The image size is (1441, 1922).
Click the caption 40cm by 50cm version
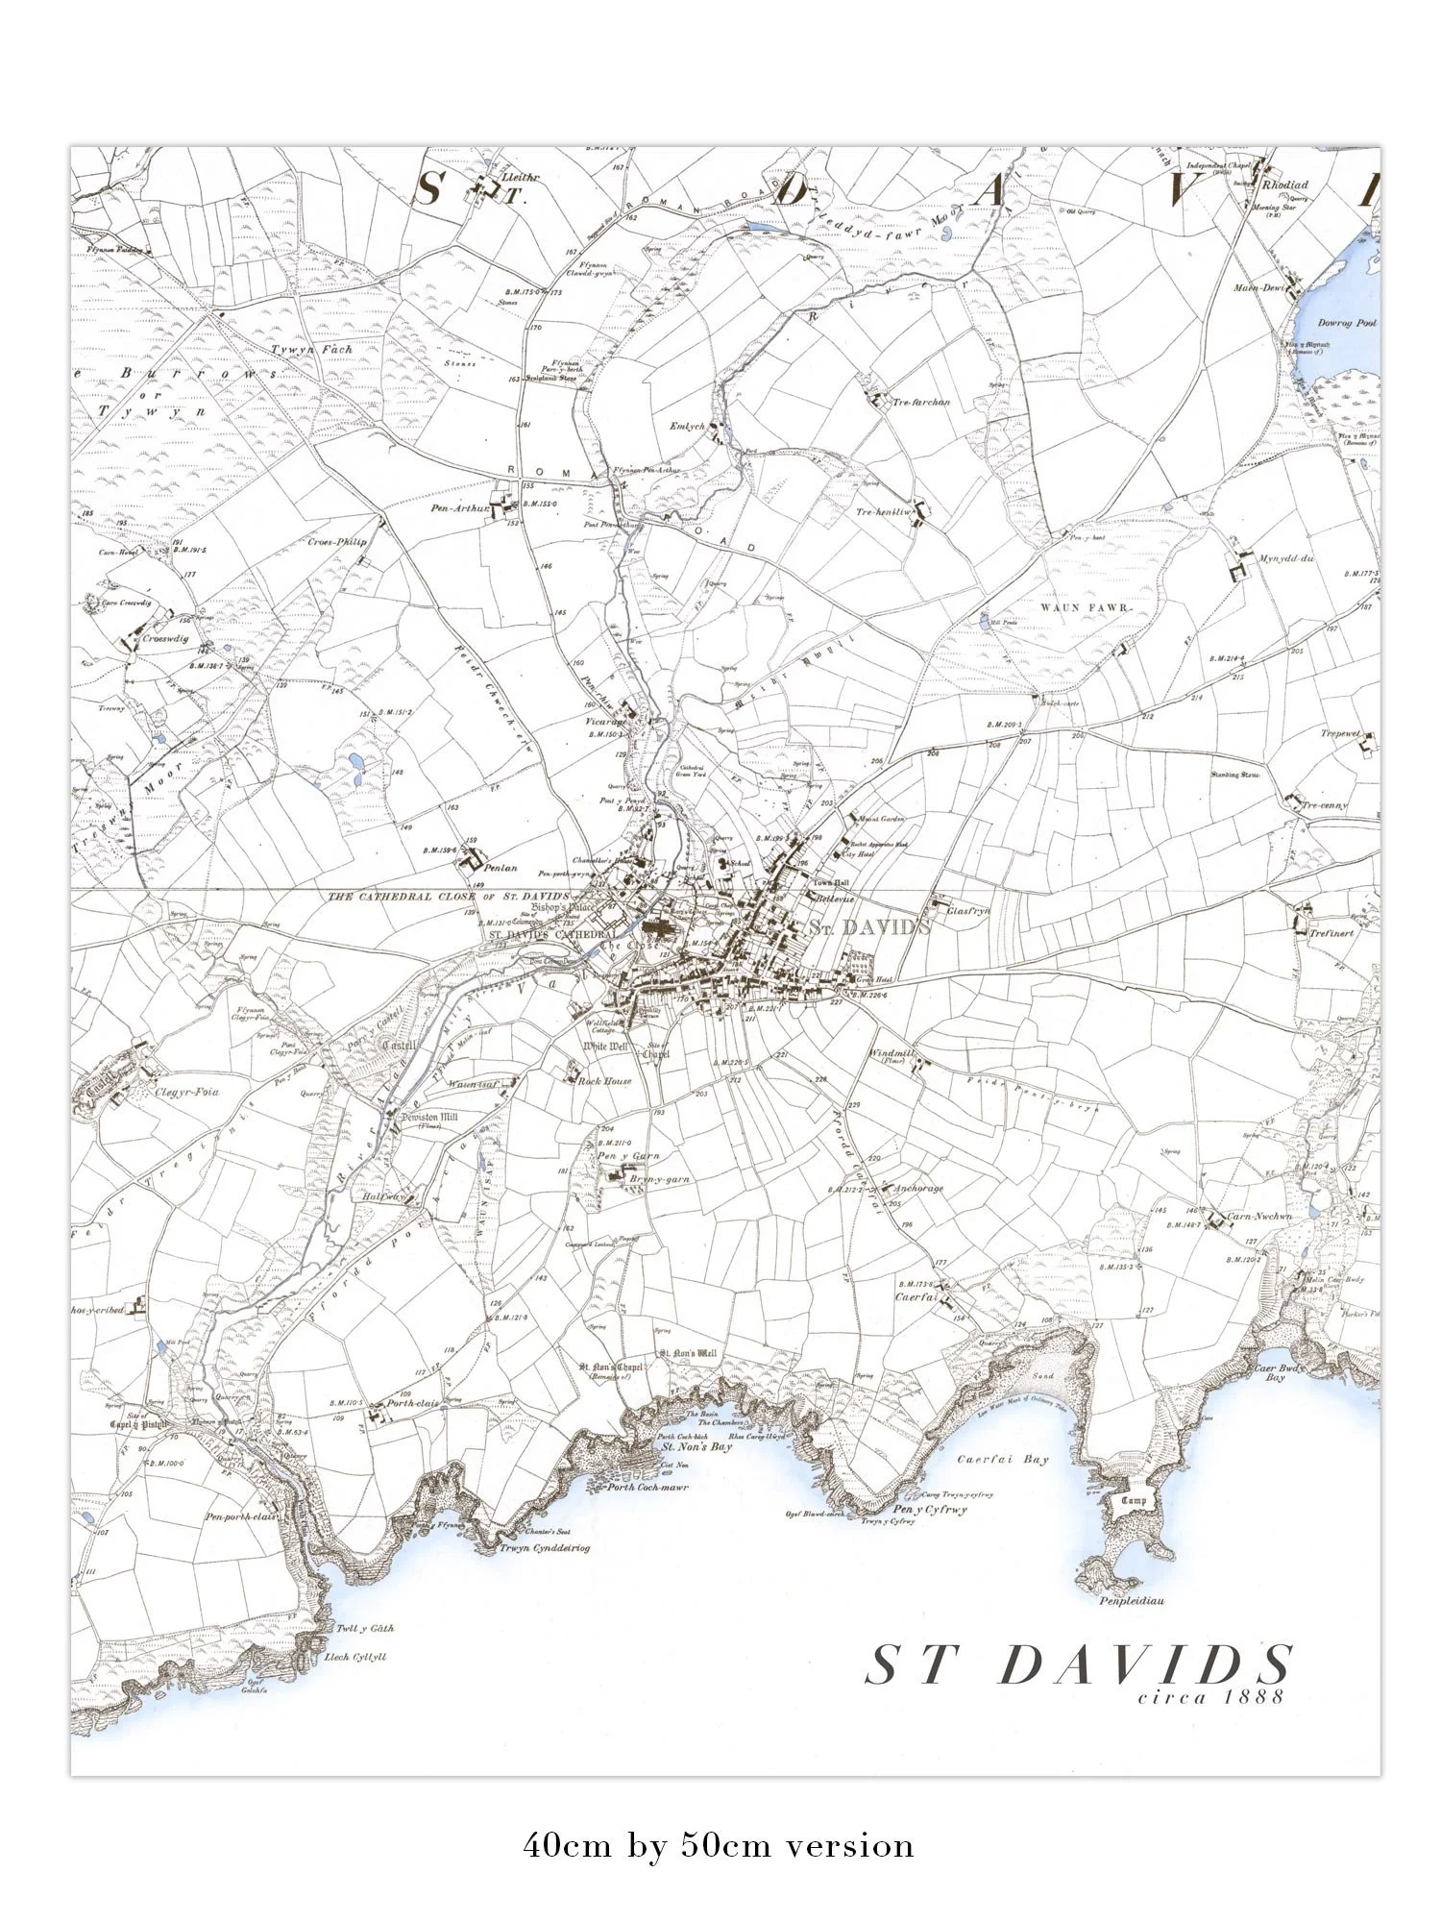click(x=719, y=1846)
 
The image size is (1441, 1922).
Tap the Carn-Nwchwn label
click(x=1261, y=1217)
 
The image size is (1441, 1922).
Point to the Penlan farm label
click(x=501, y=868)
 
